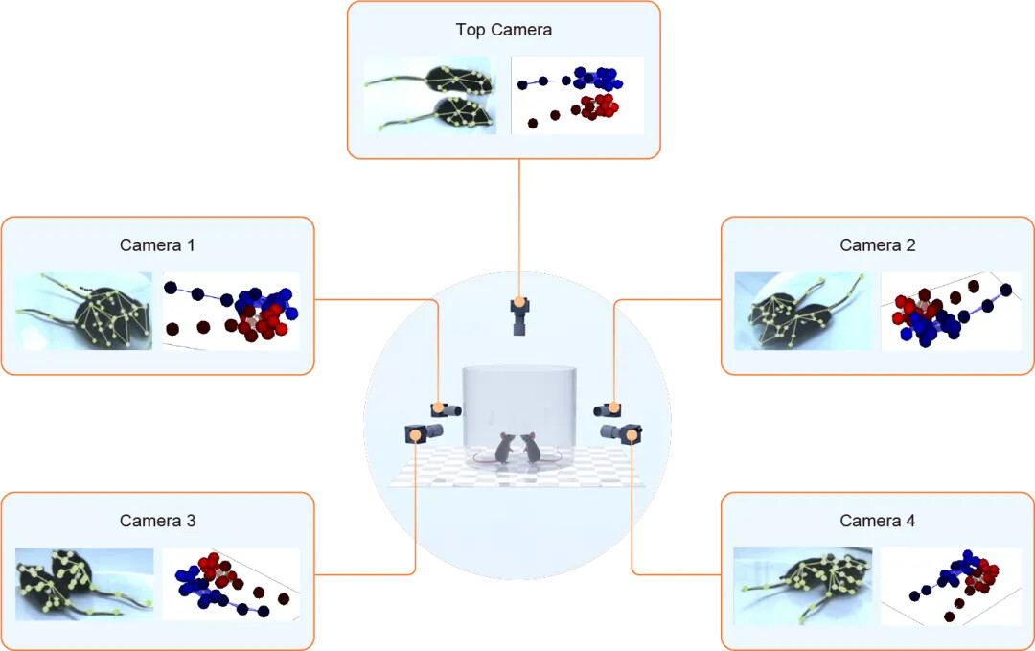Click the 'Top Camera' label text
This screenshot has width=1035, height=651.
click(x=503, y=30)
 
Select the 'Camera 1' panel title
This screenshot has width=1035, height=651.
click(x=157, y=245)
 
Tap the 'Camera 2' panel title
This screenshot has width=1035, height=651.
click(x=877, y=245)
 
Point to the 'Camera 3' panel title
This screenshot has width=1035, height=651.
click(x=157, y=522)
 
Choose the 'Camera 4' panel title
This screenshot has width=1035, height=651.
click(x=877, y=522)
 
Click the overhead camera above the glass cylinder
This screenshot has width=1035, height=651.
click(x=519, y=315)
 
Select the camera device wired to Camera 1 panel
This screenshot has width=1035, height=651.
click(x=446, y=409)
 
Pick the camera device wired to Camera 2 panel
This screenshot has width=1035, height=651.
click(x=609, y=409)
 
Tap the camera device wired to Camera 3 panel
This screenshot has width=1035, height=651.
click(x=422, y=433)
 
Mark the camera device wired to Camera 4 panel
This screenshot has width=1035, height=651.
click(x=624, y=433)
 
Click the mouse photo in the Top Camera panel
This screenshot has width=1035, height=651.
click(x=430, y=95)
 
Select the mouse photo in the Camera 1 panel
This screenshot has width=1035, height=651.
click(x=83, y=311)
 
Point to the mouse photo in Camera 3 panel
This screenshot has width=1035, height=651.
click(x=84, y=584)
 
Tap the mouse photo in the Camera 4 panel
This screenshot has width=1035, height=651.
click(x=802, y=585)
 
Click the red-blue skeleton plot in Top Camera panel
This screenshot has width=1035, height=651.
click(x=577, y=95)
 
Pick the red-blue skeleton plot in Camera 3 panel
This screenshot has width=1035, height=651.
click(x=231, y=584)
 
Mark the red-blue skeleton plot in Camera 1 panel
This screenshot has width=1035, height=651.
click(x=231, y=311)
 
